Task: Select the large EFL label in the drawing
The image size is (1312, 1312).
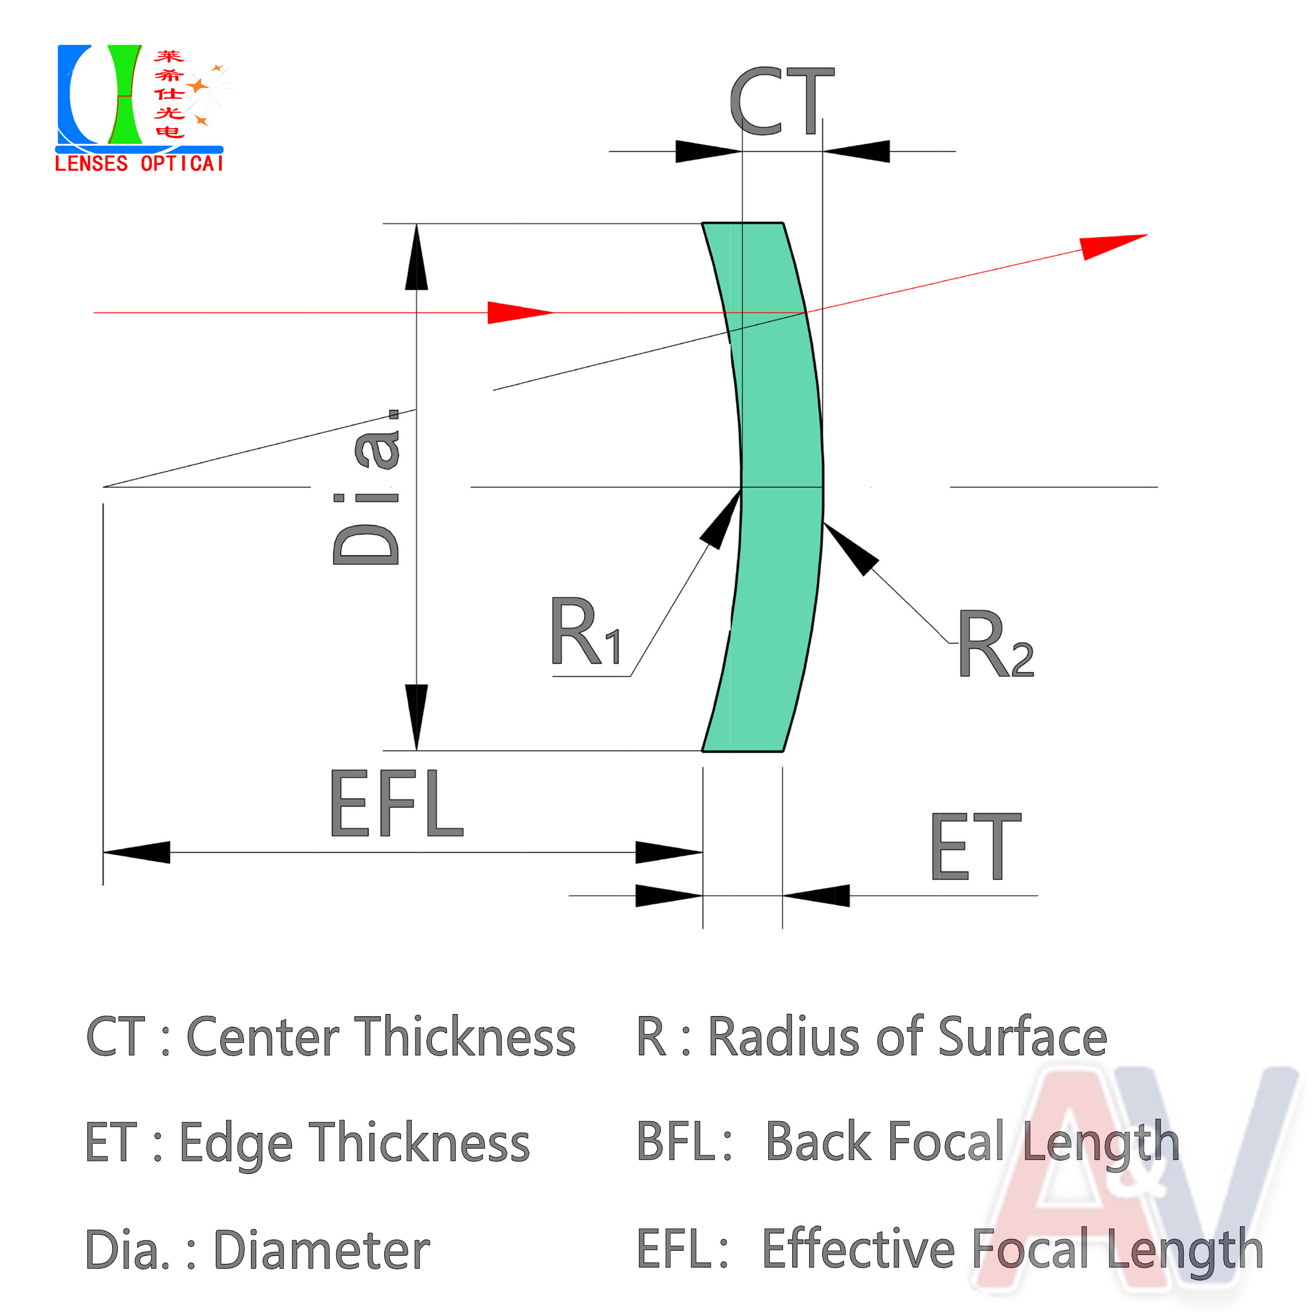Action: pyautogui.click(x=397, y=803)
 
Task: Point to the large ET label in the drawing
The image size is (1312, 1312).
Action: pyautogui.click(x=976, y=846)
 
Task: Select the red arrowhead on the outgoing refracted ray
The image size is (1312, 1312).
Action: pyautogui.click(x=1114, y=247)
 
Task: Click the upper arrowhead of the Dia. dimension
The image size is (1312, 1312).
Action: pyautogui.click(x=416, y=257)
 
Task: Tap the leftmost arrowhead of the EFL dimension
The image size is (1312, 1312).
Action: pyautogui.click(x=136, y=852)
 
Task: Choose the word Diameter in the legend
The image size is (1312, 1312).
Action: pyautogui.click(x=322, y=1250)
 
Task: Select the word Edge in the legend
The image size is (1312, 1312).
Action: pyautogui.click(x=236, y=1146)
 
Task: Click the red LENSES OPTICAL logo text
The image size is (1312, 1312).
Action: pyautogui.click(x=139, y=164)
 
